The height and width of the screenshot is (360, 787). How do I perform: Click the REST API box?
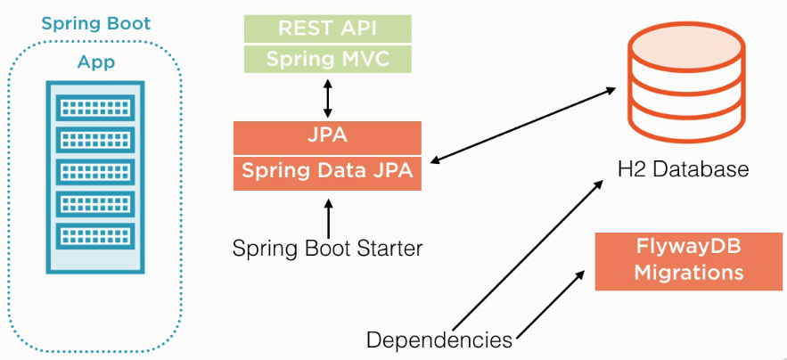[327, 28]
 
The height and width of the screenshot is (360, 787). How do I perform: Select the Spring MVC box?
[327, 60]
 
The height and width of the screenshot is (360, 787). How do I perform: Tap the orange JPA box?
[327, 138]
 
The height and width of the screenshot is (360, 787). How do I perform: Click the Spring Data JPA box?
[327, 172]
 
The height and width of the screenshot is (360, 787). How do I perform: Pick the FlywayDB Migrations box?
[688, 260]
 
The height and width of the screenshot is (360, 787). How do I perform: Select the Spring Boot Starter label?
[327, 248]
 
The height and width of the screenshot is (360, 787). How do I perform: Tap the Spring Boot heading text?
[95, 23]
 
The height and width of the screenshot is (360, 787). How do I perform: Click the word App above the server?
[95, 64]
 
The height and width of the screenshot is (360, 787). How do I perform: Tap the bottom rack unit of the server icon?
[94, 236]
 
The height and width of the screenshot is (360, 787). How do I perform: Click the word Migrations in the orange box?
[688, 273]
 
